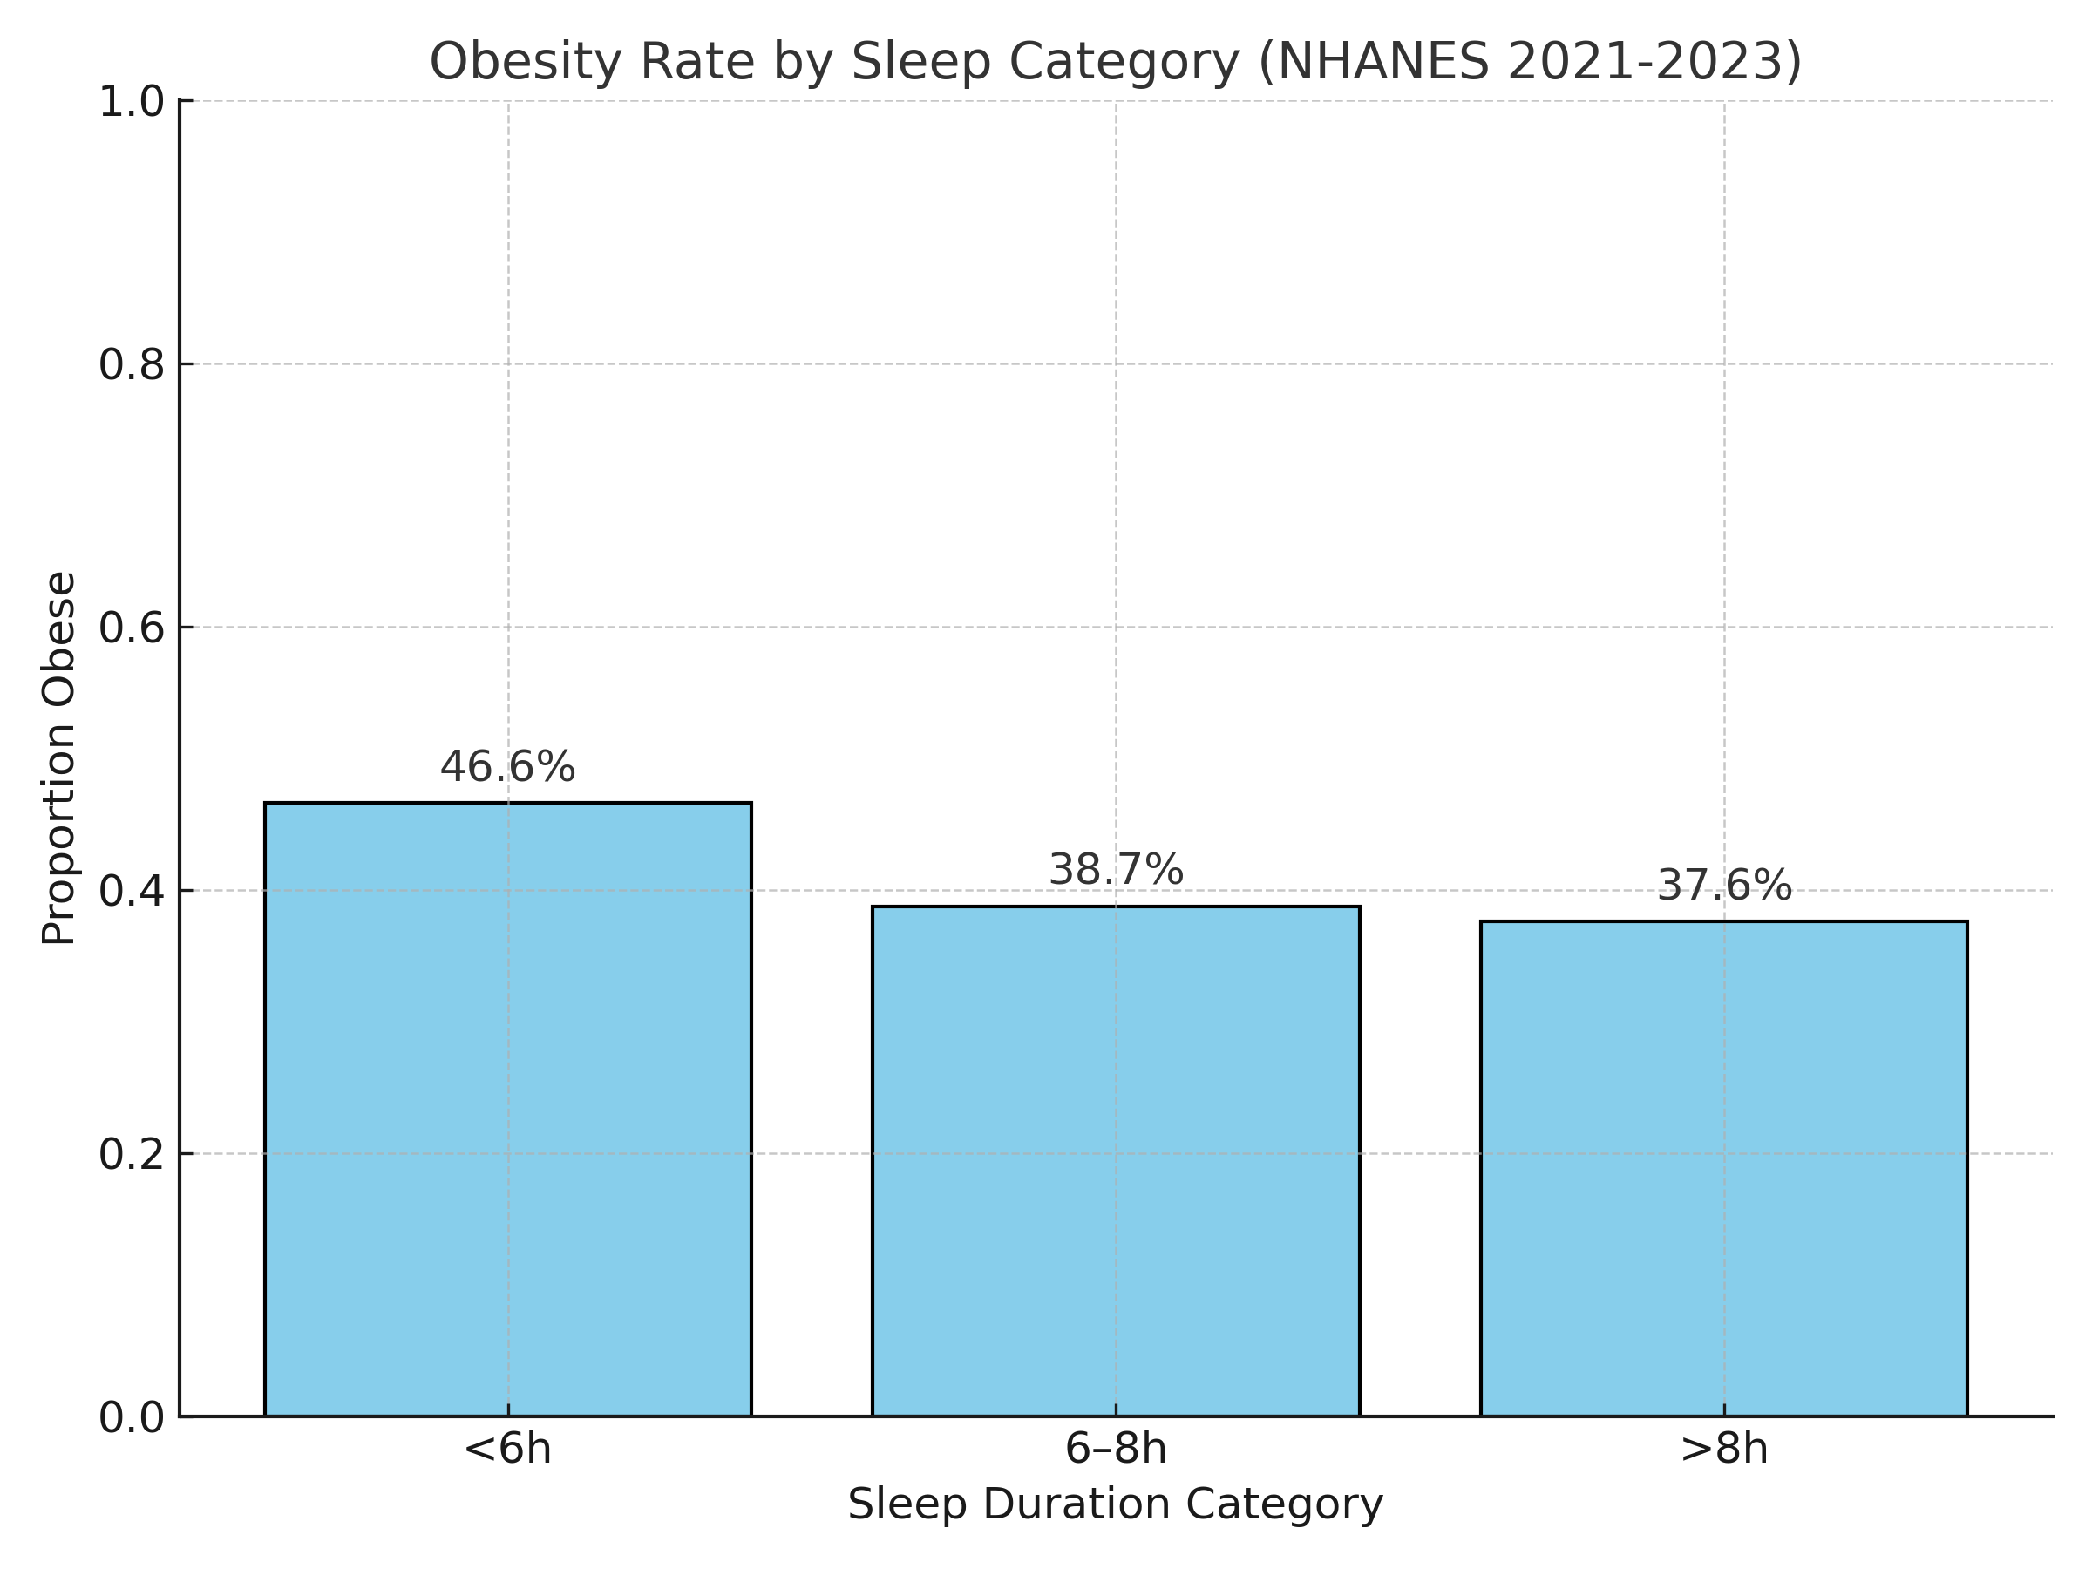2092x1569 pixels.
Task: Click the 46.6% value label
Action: click(508, 767)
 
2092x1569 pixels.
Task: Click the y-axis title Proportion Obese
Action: click(58, 757)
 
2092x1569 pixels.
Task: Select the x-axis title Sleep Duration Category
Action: click(1115, 1504)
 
